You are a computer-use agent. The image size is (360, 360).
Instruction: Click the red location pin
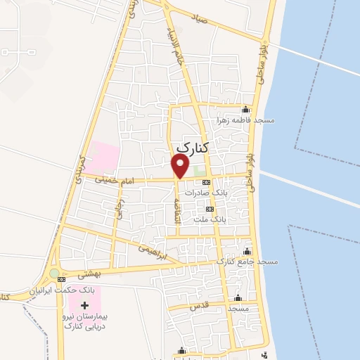181,167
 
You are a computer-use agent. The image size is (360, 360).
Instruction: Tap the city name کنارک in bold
195,147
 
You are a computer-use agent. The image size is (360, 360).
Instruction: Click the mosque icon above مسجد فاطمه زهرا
245,109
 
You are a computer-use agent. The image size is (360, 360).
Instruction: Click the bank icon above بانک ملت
209,209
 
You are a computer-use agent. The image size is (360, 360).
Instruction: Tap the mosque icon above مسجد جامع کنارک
246,252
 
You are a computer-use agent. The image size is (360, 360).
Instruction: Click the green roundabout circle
54,273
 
